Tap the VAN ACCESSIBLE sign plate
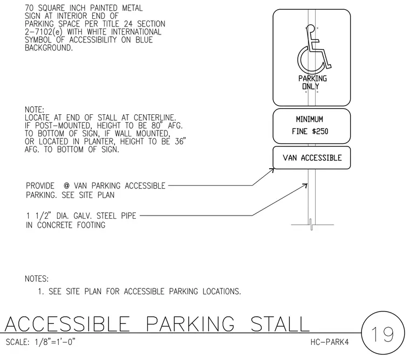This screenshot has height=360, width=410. point(311,157)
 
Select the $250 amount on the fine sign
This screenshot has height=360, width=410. point(320,131)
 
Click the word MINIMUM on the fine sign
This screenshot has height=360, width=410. point(309,120)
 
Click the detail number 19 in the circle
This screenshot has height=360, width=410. point(382,334)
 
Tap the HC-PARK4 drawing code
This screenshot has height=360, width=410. point(330,342)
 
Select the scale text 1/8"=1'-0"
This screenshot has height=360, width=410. point(55,342)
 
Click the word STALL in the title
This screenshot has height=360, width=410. point(280,324)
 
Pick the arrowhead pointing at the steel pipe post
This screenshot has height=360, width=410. point(305,185)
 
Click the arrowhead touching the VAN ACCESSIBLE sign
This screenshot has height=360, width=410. point(272,170)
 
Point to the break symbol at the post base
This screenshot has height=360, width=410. point(311,224)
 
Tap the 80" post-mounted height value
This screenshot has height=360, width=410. point(156,126)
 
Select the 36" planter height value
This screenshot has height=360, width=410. point(180,141)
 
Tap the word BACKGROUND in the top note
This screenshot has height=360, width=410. point(49,48)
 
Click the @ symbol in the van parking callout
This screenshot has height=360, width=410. point(67,186)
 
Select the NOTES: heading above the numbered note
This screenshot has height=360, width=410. point(37,279)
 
